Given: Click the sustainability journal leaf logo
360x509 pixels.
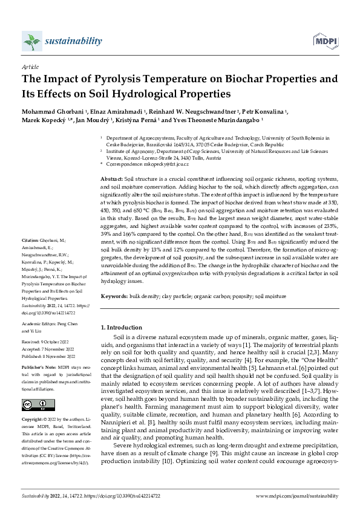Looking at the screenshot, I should point(31,42).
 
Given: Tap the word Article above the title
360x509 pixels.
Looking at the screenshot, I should point(30,68).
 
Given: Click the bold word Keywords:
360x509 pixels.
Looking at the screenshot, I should point(113,297).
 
